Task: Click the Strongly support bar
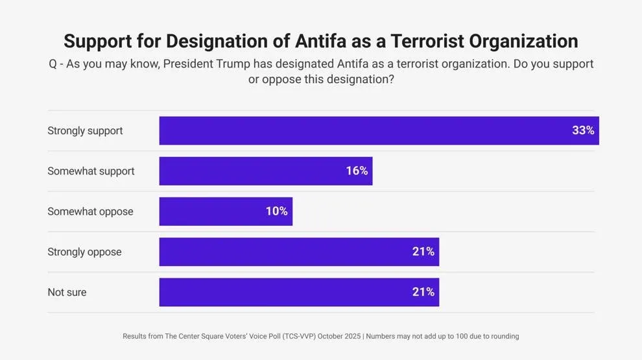(x=379, y=130)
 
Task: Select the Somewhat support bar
(x=266, y=171)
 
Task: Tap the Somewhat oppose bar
(x=226, y=211)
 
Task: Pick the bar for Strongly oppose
(x=299, y=252)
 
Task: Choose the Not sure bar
(x=299, y=292)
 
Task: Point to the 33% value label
(x=582, y=130)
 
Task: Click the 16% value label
(x=357, y=171)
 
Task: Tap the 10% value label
(x=276, y=211)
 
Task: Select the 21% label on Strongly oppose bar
(x=423, y=252)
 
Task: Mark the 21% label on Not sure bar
(x=423, y=292)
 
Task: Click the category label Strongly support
(x=85, y=131)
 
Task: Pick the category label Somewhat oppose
(x=90, y=211)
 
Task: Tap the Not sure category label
(x=67, y=293)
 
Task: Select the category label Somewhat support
(x=91, y=171)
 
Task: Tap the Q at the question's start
(x=53, y=64)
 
